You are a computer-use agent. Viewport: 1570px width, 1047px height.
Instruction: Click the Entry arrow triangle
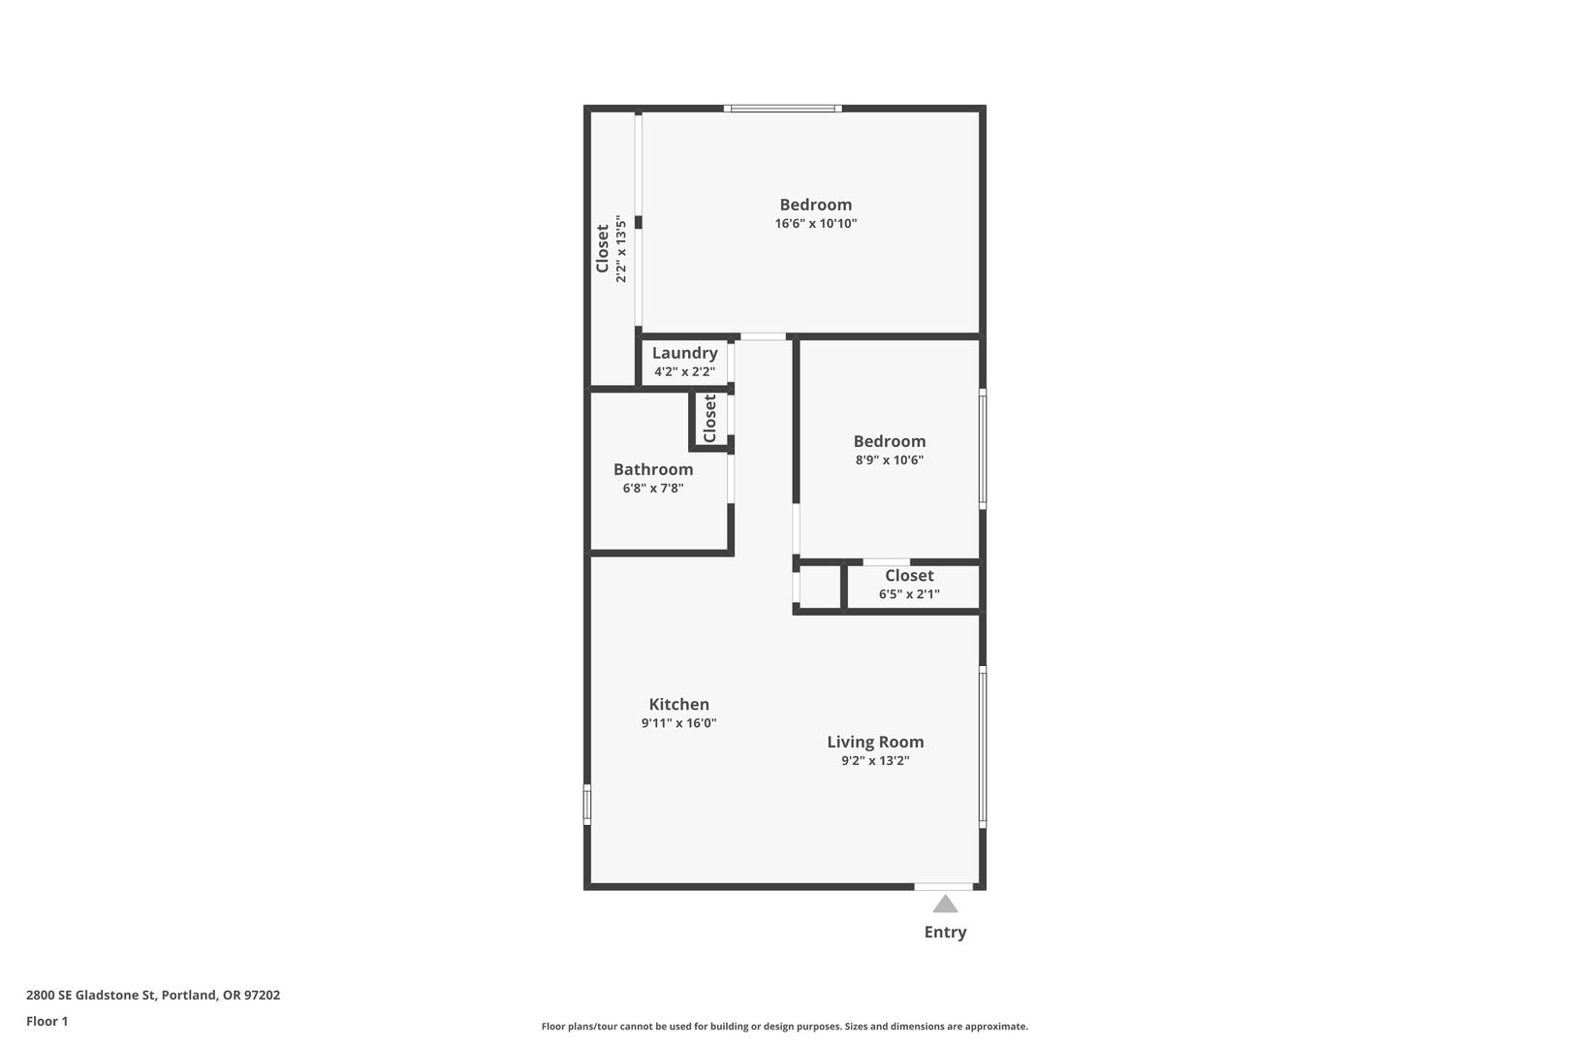click(945, 904)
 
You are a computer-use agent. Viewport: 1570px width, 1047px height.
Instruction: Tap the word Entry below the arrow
click(945, 932)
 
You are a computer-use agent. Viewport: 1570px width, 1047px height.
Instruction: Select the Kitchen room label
click(678, 704)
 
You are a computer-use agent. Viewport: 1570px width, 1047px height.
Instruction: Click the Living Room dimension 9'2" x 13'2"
click(875, 761)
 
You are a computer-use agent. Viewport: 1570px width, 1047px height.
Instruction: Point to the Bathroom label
click(653, 469)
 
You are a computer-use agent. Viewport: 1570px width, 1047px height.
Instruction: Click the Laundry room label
click(685, 353)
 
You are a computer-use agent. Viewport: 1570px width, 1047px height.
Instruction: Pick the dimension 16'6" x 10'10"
click(816, 224)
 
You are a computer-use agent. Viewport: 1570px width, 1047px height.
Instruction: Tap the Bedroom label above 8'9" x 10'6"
click(890, 441)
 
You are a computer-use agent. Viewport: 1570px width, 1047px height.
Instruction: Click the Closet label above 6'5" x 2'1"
click(909, 576)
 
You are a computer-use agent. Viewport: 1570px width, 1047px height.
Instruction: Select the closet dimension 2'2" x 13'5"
click(620, 249)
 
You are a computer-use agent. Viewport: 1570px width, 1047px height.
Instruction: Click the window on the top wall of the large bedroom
click(783, 109)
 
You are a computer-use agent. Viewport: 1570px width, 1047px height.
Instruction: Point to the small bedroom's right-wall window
click(983, 449)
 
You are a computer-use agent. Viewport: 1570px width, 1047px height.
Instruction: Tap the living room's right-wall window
click(983, 746)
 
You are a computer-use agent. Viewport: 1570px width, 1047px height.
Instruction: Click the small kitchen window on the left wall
click(587, 805)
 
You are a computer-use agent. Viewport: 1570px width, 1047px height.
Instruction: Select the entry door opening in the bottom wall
click(944, 887)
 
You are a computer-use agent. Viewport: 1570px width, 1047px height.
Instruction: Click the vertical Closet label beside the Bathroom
click(709, 419)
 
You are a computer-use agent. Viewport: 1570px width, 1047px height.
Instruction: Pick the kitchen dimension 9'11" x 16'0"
click(678, 723)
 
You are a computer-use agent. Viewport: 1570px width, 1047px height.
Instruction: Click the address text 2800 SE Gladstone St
click(90, 995)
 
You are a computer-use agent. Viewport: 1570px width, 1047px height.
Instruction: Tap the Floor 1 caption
click(47, 1021)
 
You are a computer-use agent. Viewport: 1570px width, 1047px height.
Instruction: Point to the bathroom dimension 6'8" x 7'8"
click(653, 488)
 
